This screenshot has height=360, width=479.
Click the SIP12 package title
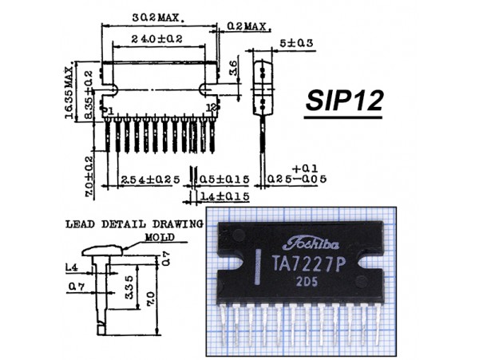coord(344,101)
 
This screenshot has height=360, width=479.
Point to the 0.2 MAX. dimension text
coord(245,26)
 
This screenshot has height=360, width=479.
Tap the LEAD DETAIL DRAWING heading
coord(135,225)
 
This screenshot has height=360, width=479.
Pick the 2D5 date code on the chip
coord(308,283)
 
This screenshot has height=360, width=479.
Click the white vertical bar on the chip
coord(259,268)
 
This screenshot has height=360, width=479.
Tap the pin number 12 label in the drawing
coord(212,107)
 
